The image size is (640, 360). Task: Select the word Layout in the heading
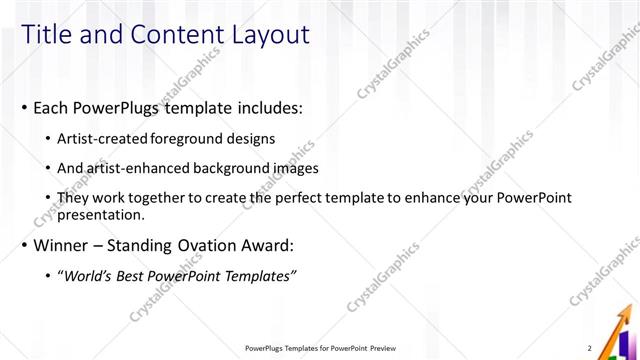tap(271, 35)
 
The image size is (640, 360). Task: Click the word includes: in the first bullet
tap(266, 106)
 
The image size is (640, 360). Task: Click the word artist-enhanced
tap(138, 168)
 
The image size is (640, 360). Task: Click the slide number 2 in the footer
tap(589, 348)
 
